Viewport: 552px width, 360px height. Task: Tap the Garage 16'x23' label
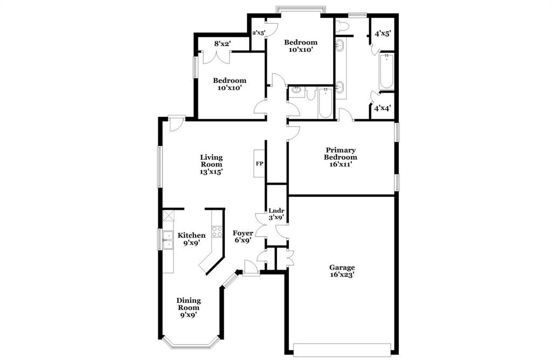342,271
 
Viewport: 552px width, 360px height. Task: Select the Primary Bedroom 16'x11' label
341,157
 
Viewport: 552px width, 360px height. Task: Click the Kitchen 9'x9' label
192,239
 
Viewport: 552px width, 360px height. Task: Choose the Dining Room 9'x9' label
189,308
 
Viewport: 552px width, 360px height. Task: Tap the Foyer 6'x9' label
243,237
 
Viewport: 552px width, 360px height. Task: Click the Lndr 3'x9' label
277,214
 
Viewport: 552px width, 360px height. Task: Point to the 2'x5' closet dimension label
259,33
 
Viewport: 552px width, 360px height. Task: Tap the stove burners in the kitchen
217,232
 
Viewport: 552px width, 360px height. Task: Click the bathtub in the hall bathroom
325,104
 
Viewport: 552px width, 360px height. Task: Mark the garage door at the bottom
342,349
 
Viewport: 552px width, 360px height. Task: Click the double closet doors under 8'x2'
216,56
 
